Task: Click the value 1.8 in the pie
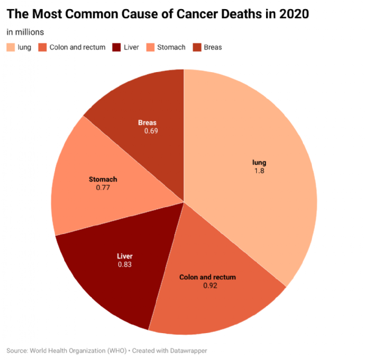click(259, 172)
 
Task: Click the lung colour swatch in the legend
click(11, 47)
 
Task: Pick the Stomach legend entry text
click(171, 47)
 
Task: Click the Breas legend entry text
click(213, 47)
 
